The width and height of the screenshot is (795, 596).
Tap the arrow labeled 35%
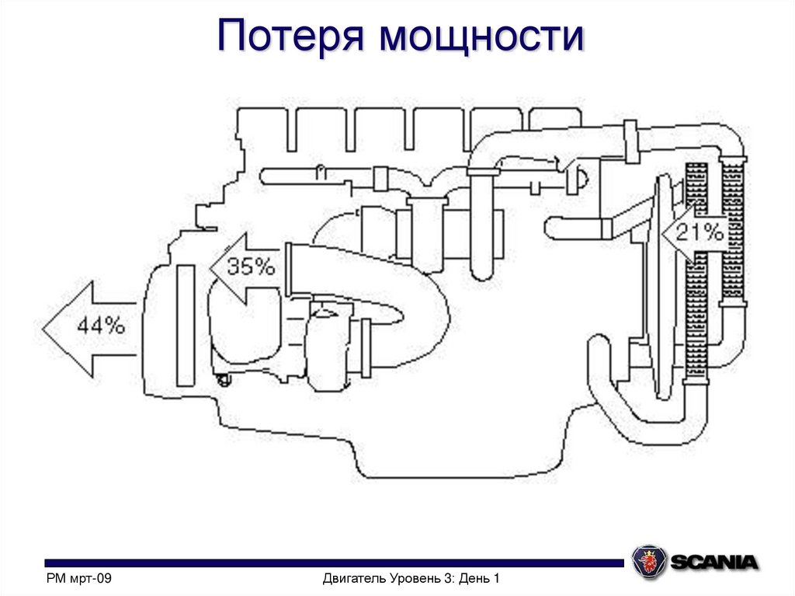[x=244, y=267]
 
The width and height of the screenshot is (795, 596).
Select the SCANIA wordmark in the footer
[x=713, y=562]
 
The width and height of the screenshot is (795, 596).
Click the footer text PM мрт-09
[x=79, y=579]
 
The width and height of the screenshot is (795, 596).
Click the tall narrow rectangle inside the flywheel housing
[x=186, y=325]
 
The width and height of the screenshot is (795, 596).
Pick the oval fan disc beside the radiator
[x=662, y=288]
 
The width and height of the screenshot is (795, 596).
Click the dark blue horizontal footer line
[x=334, y=563]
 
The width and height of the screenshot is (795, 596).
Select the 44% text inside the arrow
[x=100, y=327]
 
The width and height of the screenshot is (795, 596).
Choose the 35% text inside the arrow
[x=251, y=267]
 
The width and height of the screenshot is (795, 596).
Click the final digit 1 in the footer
[x=495, y=579]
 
